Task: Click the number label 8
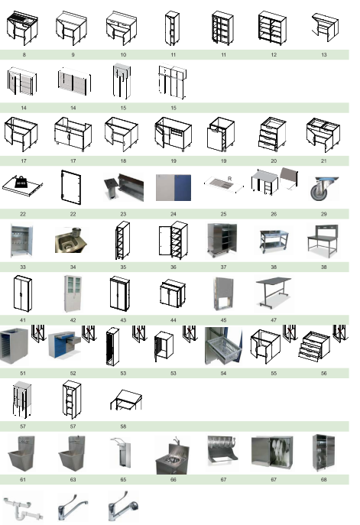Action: click(24, 54)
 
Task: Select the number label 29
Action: click(324, 214)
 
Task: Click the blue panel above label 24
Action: click(183, 187)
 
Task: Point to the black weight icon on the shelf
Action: click(21, 182)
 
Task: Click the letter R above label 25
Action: click(230, 179)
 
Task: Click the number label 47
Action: click(274, 320)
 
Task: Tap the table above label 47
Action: click(274, 292)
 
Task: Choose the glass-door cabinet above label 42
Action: click(73, 293)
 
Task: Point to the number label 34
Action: click(73, 267)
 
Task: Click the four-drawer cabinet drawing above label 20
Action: click(272, 134)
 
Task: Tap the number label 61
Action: click(23, 479)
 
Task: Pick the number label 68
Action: click(323, 479)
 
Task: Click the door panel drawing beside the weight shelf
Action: click(71, 187)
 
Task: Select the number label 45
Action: click(223, 320)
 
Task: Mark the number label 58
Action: click(123, 426)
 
